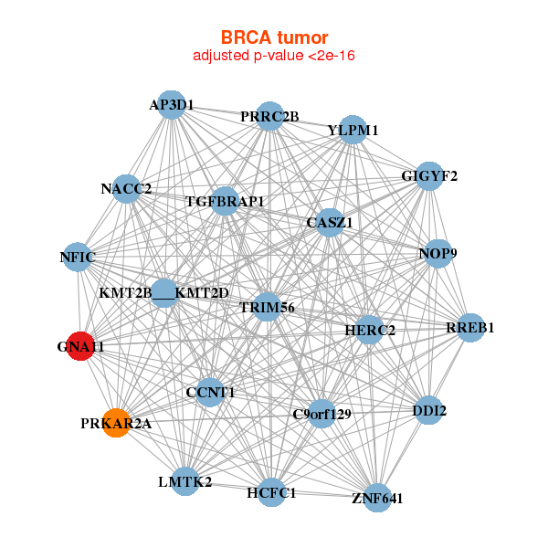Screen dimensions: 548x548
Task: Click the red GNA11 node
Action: tap(80, 346)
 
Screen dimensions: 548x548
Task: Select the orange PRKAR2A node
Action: tap(115, 423)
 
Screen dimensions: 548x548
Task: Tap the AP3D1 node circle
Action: tap(171, 104)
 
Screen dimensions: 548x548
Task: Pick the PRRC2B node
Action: tap(269, 116)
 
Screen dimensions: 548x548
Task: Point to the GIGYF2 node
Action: tap(429, 175)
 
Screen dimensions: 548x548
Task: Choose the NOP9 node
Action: tap(438, 253)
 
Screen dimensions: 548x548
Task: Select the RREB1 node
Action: tap(469, 328)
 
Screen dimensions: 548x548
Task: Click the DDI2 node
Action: tap(429, 410)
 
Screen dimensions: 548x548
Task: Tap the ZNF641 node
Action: tap(377, 498)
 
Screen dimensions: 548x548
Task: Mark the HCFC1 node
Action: tap(271, 493)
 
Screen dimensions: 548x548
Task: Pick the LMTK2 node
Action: tap(184, 481)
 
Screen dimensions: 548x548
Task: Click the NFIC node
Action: tap(79, 257)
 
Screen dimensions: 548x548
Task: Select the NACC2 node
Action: tap(127, 189)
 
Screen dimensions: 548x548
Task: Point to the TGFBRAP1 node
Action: tap(225, 201)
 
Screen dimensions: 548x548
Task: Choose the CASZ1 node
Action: tap(330, 222)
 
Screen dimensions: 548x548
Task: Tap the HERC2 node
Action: tap(369, 330)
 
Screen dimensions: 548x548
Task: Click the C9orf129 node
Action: tap(321, 414)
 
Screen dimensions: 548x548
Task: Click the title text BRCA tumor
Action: tap(274, 37)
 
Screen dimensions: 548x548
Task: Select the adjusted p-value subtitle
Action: tap(274, 56)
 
